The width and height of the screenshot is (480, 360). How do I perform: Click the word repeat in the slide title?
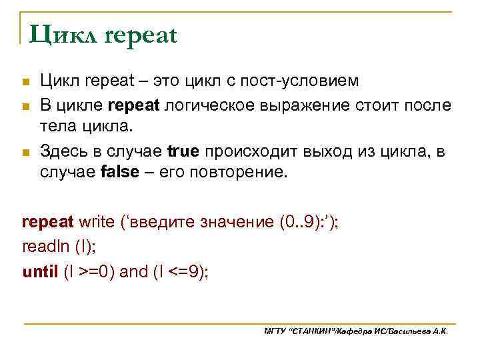140,35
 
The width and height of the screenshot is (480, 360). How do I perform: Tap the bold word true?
183,151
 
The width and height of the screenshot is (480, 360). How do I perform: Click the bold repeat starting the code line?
48,222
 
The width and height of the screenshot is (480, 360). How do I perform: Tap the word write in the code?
96,222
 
